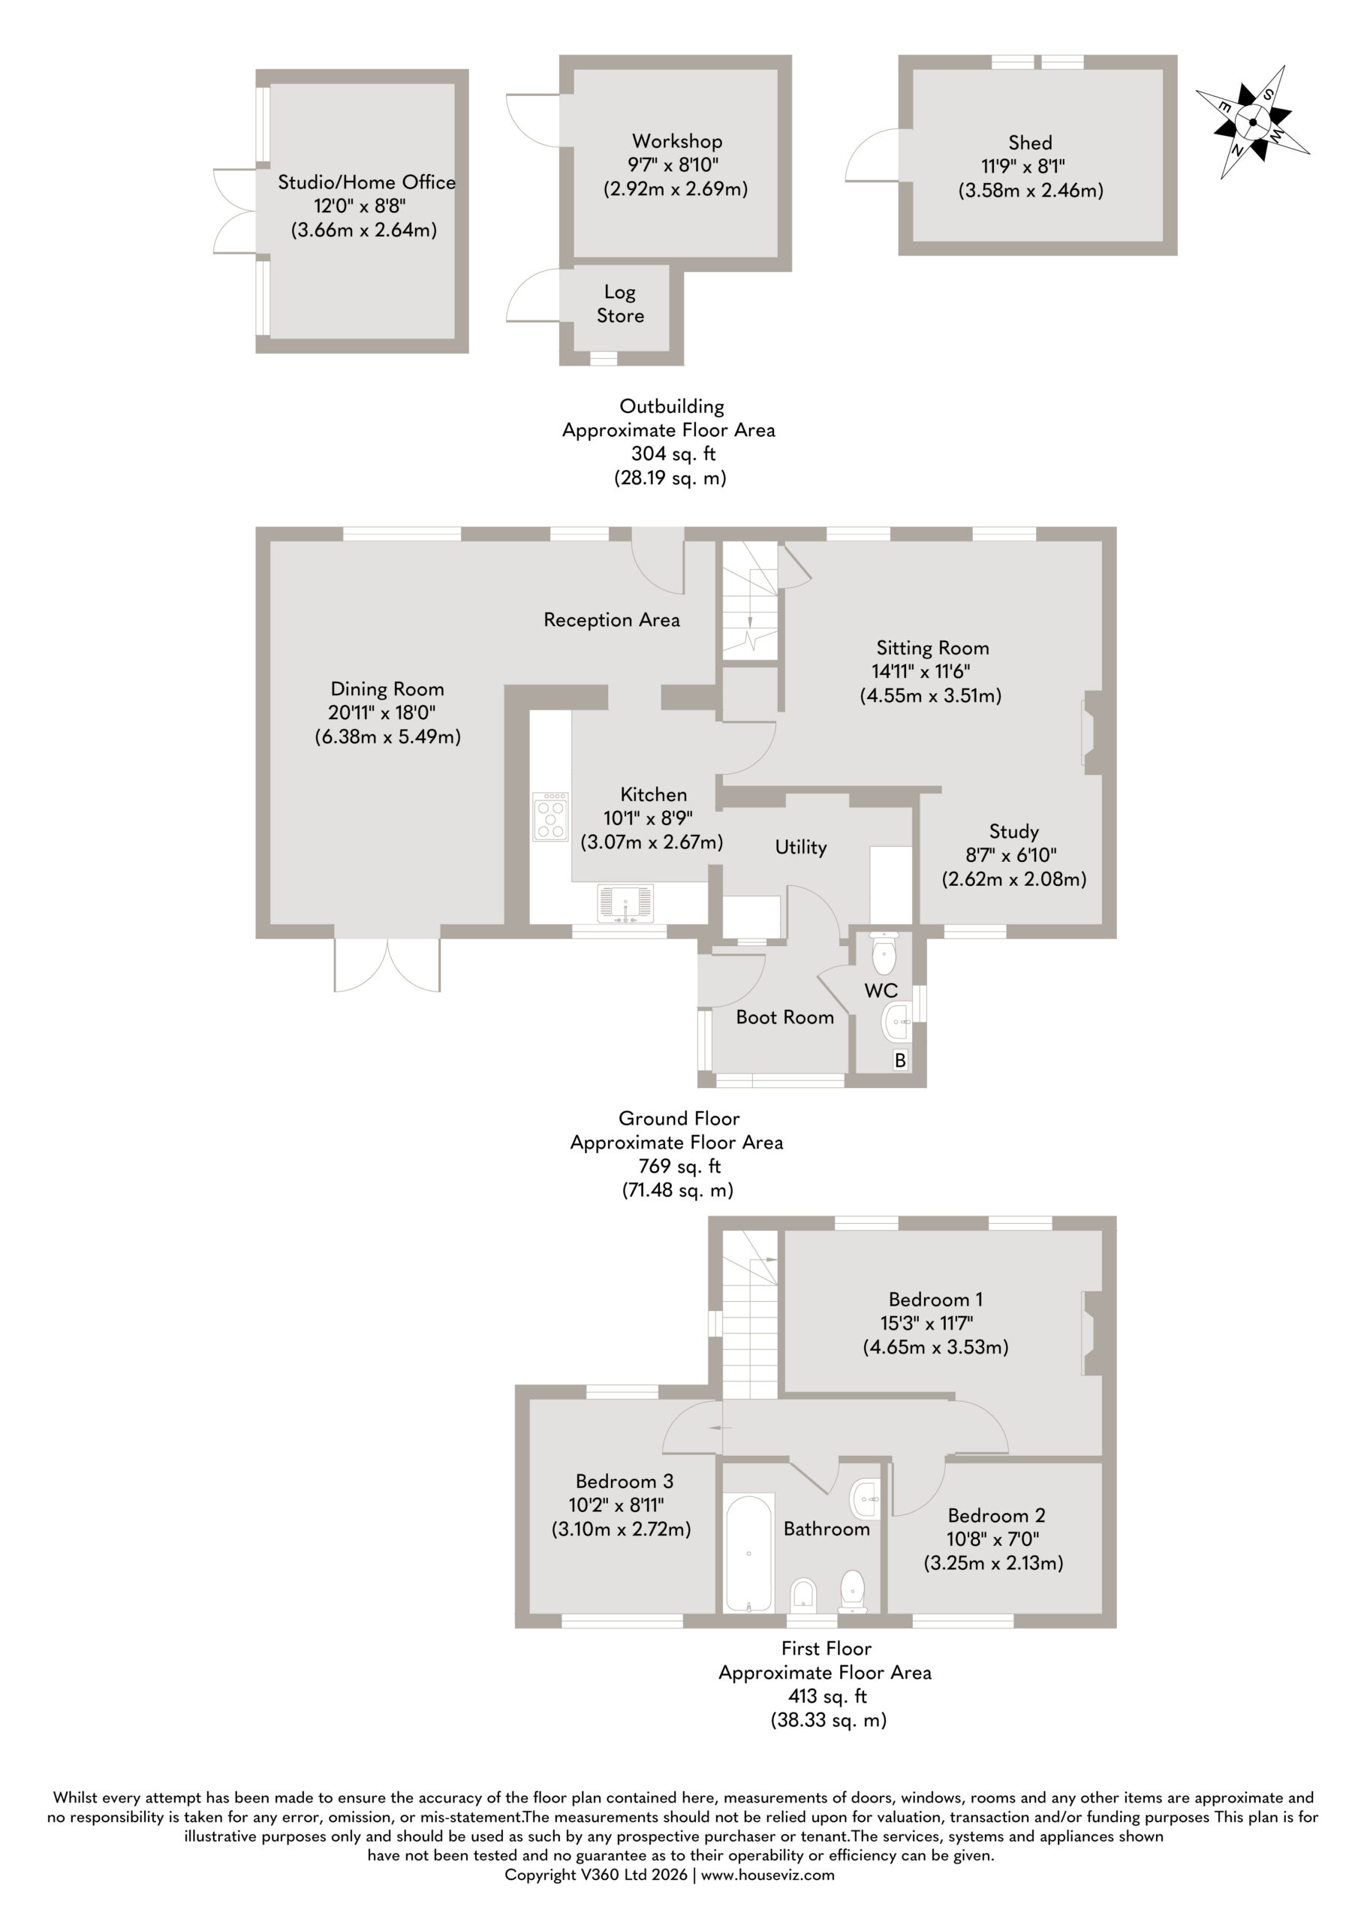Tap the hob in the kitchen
click(550, 816)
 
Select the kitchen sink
click(625, 904)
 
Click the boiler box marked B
click(900, 1061)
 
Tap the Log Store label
click(620, 304)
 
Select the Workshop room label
click(676, 140)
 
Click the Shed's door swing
click(872, 155)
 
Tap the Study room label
click(1014, 831)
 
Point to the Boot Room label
click(784, 1017)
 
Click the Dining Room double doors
click(387, 963)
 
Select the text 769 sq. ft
click(676, 1166)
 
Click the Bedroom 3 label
click(625, 1482)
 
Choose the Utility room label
click(800, 847)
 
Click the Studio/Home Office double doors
click(238, 211)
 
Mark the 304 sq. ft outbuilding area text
click(673, 453)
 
